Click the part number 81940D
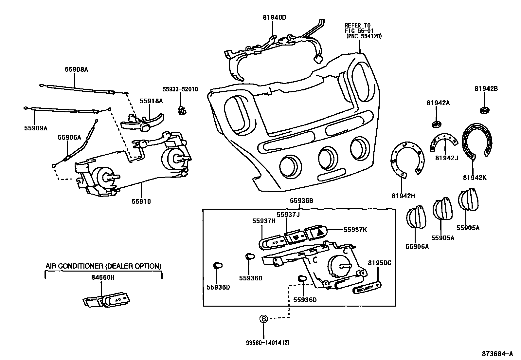[274, 17]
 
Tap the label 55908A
[76, 69]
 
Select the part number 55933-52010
[180, 89]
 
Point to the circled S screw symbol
[263, 318]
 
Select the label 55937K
[355, 230]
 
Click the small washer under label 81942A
[437, 124]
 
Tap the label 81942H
[403, 196]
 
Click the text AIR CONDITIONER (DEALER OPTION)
[103, 266]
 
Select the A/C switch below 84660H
[107, 300]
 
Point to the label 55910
[141, 202]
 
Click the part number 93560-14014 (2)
[267, 343]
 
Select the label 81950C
[380, 263]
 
